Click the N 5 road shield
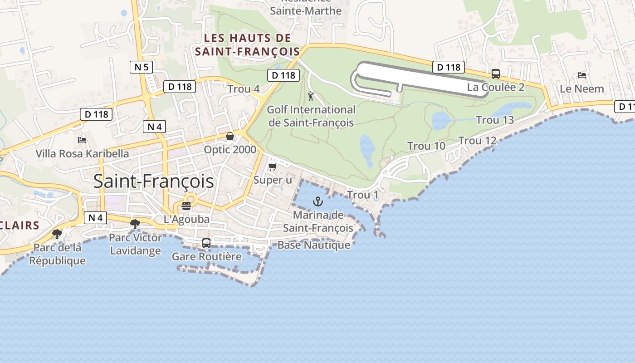point(142,67)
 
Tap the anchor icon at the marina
point(318,201)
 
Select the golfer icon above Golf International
point(311,96)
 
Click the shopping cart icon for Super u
point(272,167)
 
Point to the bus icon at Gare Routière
point(206,243)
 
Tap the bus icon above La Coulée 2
point(496,74)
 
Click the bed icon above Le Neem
point(582,75)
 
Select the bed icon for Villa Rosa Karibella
point(82,140)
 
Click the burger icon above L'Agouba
point(186,206)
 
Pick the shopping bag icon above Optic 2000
point(230,137)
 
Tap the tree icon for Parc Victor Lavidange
point(135,224)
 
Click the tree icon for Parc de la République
point(57,234)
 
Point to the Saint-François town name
point(153,181)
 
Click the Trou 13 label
point(495,120)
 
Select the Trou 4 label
point(244,89)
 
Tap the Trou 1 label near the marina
point(362,195)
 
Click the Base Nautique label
point(314,245)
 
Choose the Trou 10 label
point(426,146)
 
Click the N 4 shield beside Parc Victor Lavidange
point(95,218)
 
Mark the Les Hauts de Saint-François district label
point(248,44)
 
